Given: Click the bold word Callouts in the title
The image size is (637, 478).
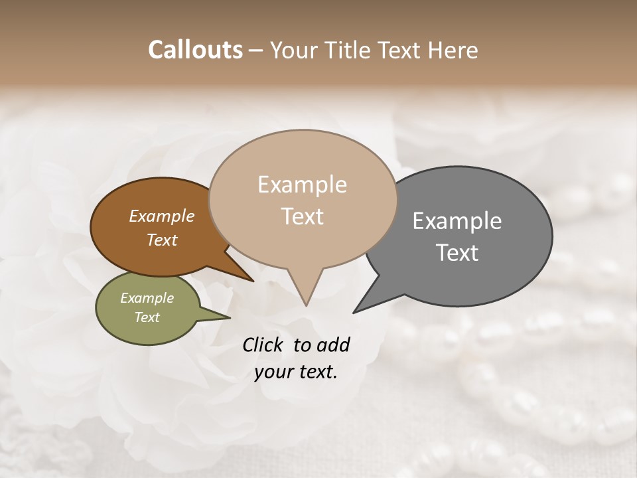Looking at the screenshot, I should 195,50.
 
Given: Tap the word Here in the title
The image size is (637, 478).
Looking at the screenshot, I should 453,50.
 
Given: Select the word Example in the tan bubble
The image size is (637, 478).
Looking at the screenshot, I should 302,185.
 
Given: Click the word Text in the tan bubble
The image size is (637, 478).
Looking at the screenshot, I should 302,216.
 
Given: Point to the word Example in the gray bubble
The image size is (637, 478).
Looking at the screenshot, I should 457,221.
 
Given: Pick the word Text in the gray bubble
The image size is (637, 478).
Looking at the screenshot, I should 457,252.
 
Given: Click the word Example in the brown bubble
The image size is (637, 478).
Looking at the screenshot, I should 161,216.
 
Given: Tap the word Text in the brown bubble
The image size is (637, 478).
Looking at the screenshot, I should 161,240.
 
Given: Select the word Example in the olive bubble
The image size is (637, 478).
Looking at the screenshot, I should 147,298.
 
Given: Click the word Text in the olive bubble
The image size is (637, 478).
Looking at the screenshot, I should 147,317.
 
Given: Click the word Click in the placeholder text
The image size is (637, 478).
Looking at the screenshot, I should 264,345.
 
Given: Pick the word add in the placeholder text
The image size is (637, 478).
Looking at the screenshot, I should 332,345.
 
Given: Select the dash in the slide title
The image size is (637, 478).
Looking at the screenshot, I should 255,50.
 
